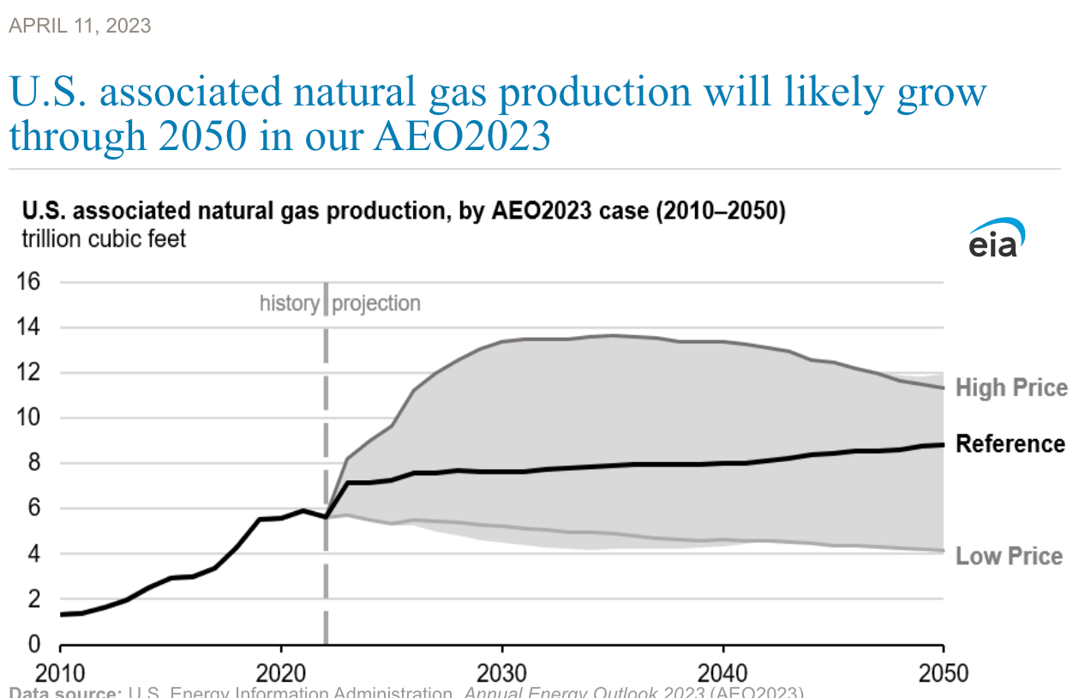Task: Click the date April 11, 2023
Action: (80, 26)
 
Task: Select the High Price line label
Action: (1011, 388)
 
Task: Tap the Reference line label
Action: (1010, 443)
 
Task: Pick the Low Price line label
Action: (1009, 556)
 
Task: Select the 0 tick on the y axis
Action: (35, 645)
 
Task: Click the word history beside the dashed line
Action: (290, 304)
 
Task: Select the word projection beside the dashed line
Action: (376, 304)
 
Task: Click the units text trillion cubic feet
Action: (104, 238)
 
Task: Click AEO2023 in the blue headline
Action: (461, 136)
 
